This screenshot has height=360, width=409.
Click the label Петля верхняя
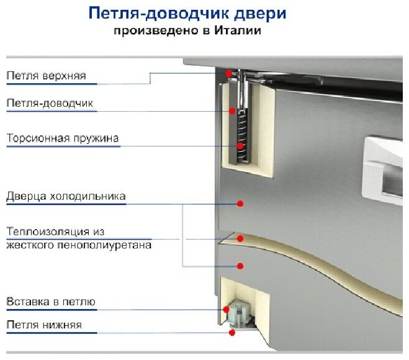click(x=46, y=76)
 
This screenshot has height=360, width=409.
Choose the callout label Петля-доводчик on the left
click(x=50, y=103)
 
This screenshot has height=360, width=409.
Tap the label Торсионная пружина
click(x=62, y=138)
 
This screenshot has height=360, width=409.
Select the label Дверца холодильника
click(x=66, y=197)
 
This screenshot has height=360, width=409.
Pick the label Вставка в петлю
click(x=51, y=302)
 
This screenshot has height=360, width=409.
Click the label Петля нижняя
click(x=44, y=325)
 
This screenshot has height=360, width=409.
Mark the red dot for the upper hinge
click(x=228, y=73)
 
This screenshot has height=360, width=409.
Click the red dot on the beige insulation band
click(x=241, y=238)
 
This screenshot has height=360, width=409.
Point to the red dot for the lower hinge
click(x=232, y=332)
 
